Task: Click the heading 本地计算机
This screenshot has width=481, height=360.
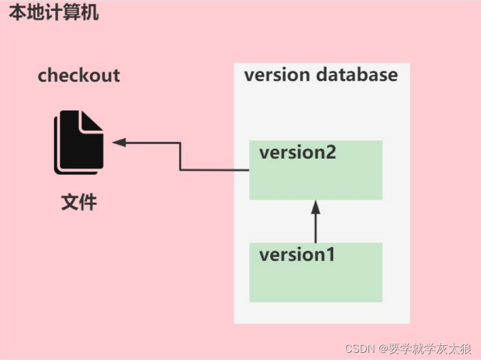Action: (x=53, y=13)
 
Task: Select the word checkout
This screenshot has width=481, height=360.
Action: (x=78, y=76)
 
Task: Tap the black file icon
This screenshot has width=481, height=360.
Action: (x=78, y=143)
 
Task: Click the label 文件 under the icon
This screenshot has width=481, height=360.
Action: (x=79, y=202)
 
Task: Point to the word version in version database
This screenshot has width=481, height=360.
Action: (x=277, y=75)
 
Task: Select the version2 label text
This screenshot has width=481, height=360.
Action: (x=297, y=152)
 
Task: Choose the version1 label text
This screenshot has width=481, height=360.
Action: (x=296, y=255)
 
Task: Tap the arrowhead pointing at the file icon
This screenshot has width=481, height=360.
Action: (x=118, y=143)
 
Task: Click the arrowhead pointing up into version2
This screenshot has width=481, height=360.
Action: (x=316, y=207)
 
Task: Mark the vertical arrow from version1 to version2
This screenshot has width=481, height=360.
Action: (x=316, y=225)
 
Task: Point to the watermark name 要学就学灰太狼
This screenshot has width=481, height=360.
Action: (x=432, y=348)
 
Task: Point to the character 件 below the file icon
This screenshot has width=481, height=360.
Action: (x=88, y=202)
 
